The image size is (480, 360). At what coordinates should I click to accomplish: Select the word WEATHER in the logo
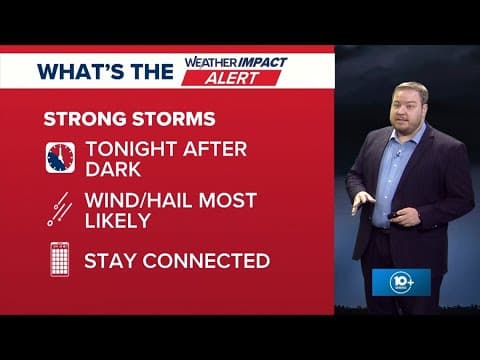click(x=210, y=62)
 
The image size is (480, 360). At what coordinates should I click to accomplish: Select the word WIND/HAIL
click(x=138, y=201)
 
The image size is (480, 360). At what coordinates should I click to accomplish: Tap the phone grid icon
click(x=59, y=261)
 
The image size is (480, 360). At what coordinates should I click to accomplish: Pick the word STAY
click(x=108, y=261)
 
